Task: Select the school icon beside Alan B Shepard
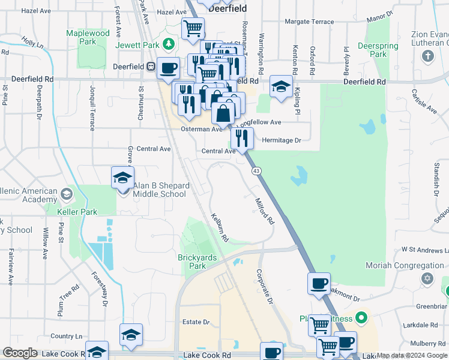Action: pyautogui.click(x=122, y=179)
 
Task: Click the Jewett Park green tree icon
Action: pyautogui.click(x=169, y=44)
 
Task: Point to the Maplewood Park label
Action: pyautogui.click(x=88, y=37)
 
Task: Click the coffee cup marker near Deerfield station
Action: pyautogui.click(x=168, y=68)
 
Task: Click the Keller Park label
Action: pyautogui.click(x=77, y=212)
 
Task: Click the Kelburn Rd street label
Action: pyautogui.click(x=219, y=227)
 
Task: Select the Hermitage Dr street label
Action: pyautogui.click(x=281, y=140)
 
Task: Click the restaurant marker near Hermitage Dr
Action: pyautogui.click(x=242, y=139)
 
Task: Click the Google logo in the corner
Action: pyautogui.click(x=20, y=353)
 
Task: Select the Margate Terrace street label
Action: pyautogui.click(x=309, y=22)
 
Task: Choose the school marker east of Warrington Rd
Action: pyautogui.click(x=280, y=86)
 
